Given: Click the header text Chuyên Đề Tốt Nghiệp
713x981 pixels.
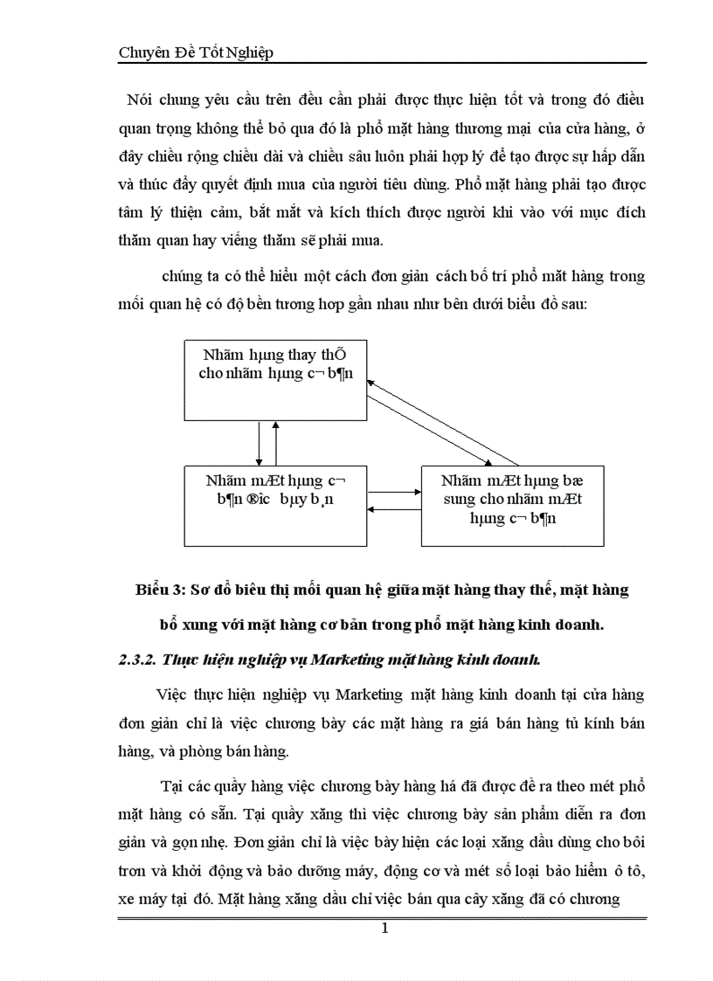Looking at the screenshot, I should tap(196, 52).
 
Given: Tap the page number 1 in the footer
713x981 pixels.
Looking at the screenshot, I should tap(384, 928).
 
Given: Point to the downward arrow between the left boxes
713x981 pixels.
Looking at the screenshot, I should tap(260, 443).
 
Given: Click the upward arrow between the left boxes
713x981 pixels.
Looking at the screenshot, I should tap(277, 443).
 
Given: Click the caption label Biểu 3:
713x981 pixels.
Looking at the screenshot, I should tap(158, 591).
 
